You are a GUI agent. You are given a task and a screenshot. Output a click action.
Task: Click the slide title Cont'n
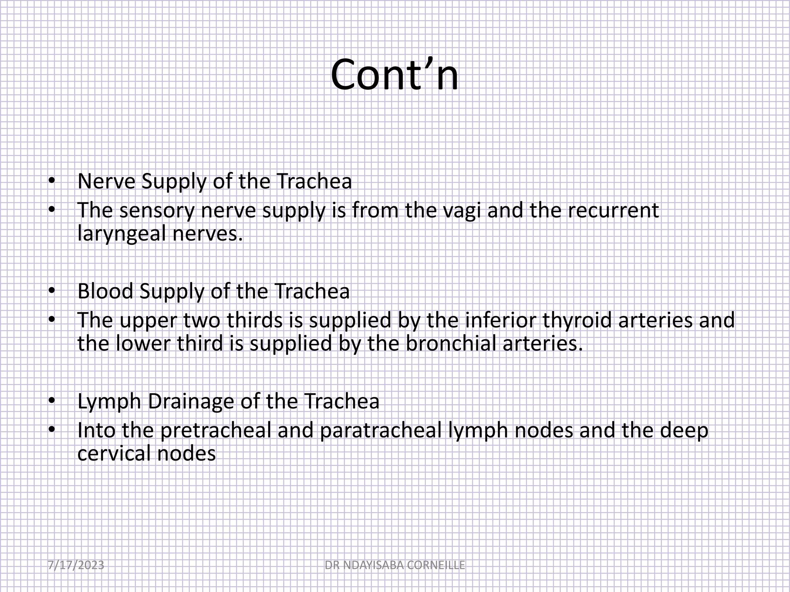(394, 75)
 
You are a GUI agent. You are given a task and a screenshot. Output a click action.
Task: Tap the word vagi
(461, 211)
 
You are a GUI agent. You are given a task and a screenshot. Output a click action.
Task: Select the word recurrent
(594, 211)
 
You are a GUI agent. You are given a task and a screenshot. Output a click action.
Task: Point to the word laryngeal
(122, 234)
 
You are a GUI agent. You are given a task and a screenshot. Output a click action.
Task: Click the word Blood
(105, 291)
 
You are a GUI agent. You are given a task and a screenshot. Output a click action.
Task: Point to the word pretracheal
(216, 431)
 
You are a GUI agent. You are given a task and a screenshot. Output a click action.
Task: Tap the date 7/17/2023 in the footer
(76, 565)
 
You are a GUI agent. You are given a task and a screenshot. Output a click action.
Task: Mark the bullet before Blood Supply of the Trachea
(52, 291)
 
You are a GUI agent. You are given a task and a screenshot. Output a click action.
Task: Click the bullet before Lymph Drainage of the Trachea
(52, 402)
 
